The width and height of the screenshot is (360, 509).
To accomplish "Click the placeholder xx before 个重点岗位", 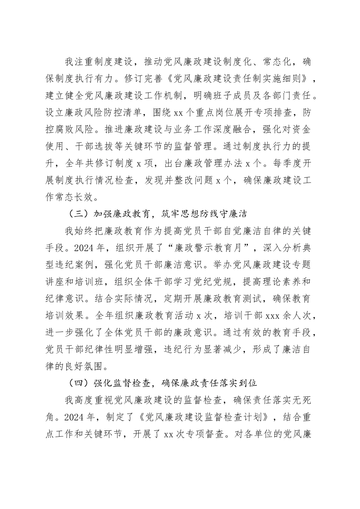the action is [x=178, y=112].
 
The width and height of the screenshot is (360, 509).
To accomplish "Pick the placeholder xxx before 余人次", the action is [x=273, y=315].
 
